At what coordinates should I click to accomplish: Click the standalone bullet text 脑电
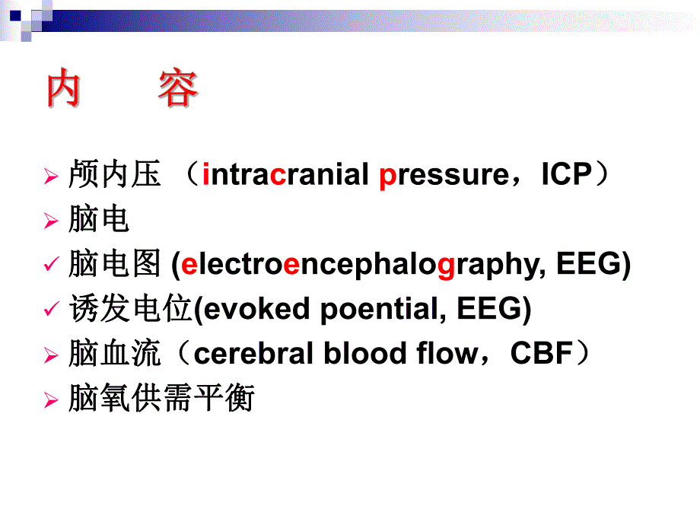(x=98, y=220)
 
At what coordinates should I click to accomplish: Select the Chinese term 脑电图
(x=114, y=265)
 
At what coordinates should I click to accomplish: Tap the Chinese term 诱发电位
(x=130, y=309)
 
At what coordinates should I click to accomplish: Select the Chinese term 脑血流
(x=114, y=354)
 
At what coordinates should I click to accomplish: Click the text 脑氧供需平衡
(x=161, y=398)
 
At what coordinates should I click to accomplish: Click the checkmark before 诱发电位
(x=52, y=310)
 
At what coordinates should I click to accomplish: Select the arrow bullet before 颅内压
(x=51, y=177)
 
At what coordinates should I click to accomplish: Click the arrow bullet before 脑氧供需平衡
(x=51, y=399)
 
